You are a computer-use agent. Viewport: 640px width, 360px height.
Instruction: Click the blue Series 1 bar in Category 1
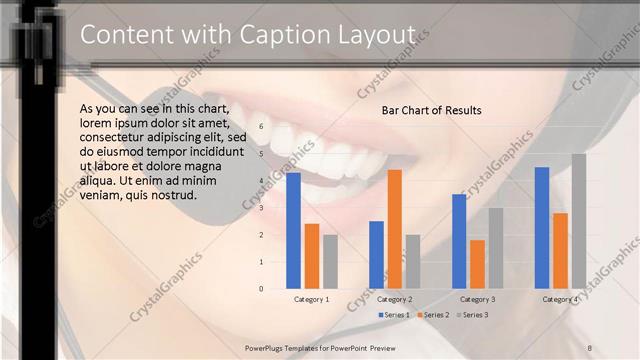293,230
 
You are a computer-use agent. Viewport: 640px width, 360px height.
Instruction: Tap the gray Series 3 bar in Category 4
579,221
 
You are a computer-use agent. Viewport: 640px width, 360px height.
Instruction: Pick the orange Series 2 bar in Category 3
477,264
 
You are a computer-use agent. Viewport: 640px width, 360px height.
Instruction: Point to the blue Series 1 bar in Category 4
542,227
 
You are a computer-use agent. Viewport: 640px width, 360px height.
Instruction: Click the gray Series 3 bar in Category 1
330,261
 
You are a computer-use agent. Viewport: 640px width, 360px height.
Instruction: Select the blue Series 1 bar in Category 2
376,254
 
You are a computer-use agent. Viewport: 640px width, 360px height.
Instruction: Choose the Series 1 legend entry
395,315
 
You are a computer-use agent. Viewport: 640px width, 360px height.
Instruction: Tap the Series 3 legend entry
473,315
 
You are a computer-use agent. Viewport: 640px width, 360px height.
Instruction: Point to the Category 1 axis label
312,299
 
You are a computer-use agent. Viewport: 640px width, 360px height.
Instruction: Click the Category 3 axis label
477,299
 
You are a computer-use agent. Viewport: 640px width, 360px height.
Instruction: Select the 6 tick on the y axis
261,127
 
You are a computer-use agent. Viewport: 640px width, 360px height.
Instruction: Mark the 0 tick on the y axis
261,289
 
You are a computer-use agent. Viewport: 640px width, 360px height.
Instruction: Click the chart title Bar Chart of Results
431,110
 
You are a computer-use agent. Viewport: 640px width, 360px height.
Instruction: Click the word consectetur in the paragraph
115,137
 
